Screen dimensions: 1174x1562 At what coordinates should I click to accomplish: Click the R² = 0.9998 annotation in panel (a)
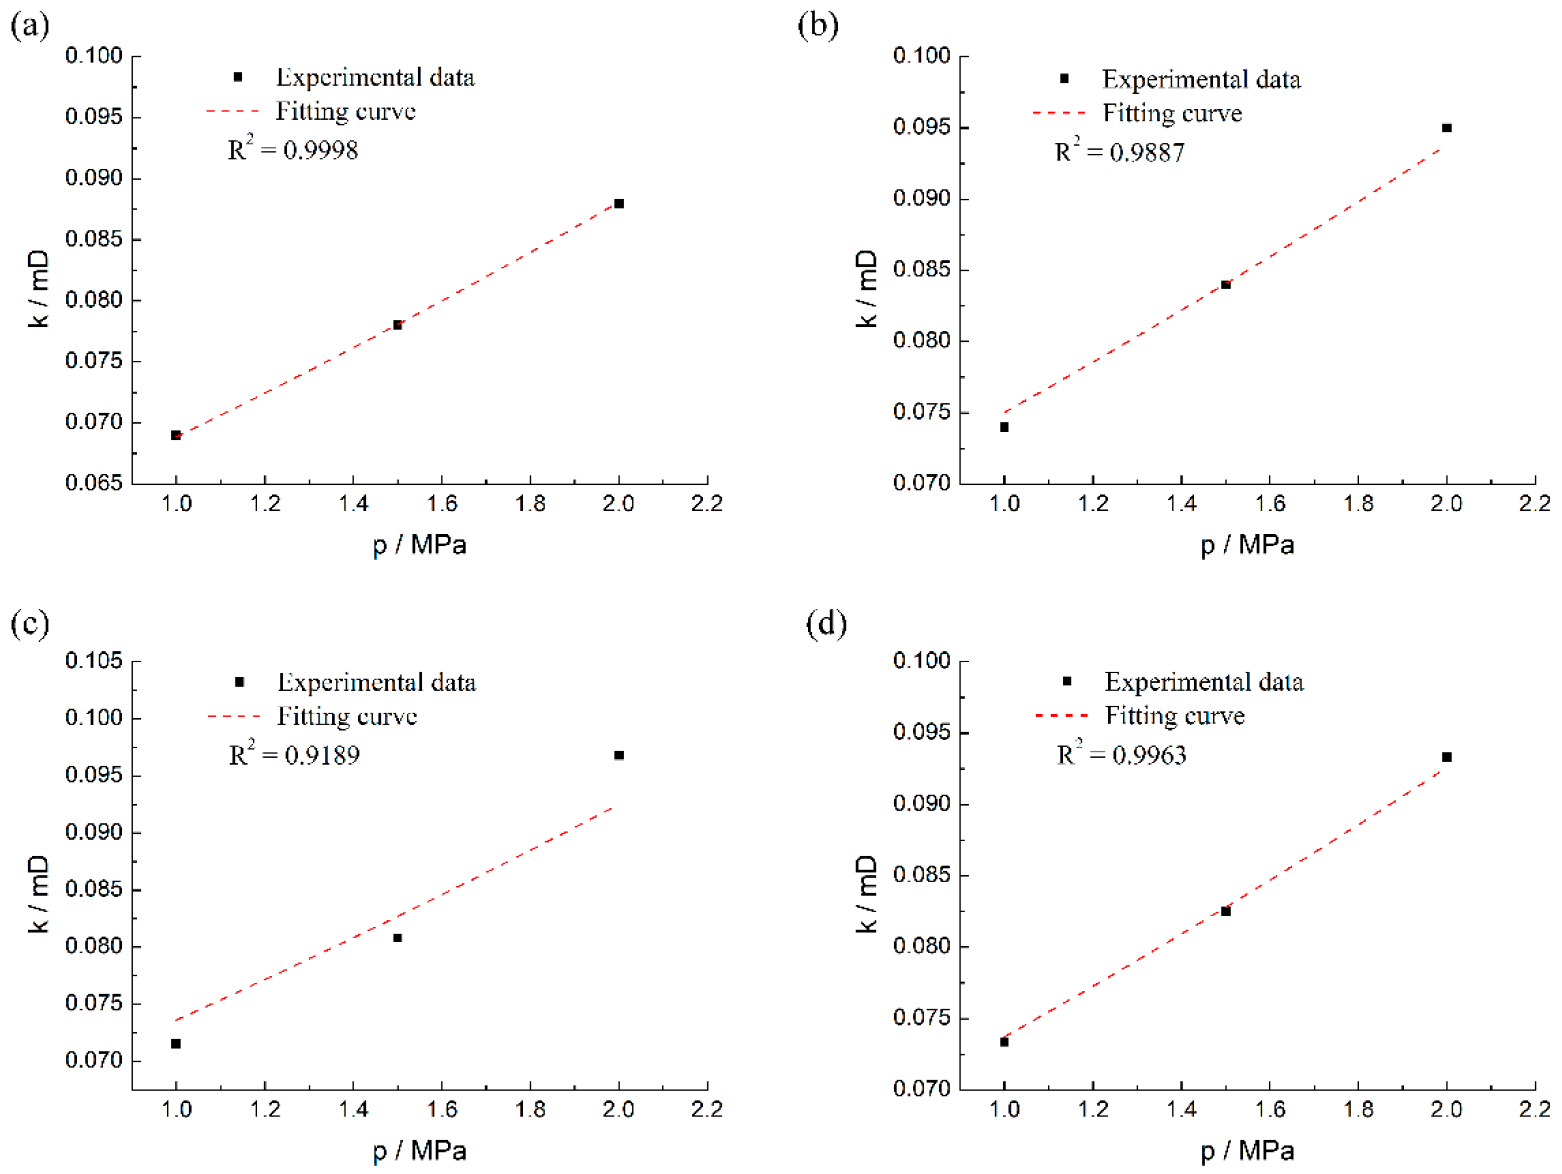coord(292,149)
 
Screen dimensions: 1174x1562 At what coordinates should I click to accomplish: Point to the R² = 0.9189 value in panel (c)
coord(294,755)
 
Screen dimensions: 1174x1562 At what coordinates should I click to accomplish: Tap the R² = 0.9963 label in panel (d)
coord(1121,755)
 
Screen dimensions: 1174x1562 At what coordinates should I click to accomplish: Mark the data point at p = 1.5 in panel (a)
coord(397,325)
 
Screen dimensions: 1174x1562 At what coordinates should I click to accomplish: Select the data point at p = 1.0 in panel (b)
coord(1004,427)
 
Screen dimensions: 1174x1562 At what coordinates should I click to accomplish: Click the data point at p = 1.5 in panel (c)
coord(397,938)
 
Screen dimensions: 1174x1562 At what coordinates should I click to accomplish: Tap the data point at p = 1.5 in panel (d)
coord(1226,912)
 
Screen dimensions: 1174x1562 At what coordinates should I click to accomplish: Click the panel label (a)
coord(29,26)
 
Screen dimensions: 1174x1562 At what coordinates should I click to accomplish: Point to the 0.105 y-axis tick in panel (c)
coord(94,661)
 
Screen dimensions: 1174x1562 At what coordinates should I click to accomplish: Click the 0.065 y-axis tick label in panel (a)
coord(94,483)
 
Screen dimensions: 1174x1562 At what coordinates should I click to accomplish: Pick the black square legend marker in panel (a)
coord(238,77)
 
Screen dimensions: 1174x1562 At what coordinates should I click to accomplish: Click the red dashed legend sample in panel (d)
coord(1062,716)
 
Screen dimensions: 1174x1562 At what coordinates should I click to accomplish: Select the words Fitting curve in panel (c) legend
coord(346,717)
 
